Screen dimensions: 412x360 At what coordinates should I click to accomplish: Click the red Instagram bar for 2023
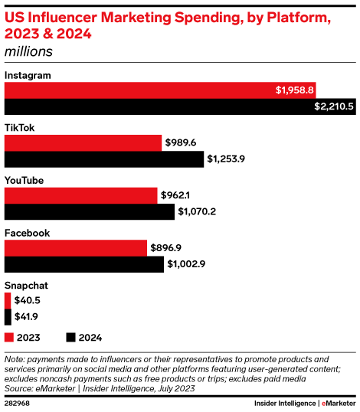(x=138, y=90)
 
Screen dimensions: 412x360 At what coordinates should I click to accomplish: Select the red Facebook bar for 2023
(x=76, y=247)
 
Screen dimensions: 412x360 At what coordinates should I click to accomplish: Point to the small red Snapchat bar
(x=8, y=300)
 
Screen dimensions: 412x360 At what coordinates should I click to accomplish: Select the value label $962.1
(x=175, y=195)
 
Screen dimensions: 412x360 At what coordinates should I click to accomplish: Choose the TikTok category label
(x=19, y=127)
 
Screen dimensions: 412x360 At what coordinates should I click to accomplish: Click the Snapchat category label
(x=26, y=285)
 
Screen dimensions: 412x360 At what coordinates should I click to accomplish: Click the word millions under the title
(x=28, y=51)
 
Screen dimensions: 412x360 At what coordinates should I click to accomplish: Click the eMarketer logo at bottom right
(x=338, y=403)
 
